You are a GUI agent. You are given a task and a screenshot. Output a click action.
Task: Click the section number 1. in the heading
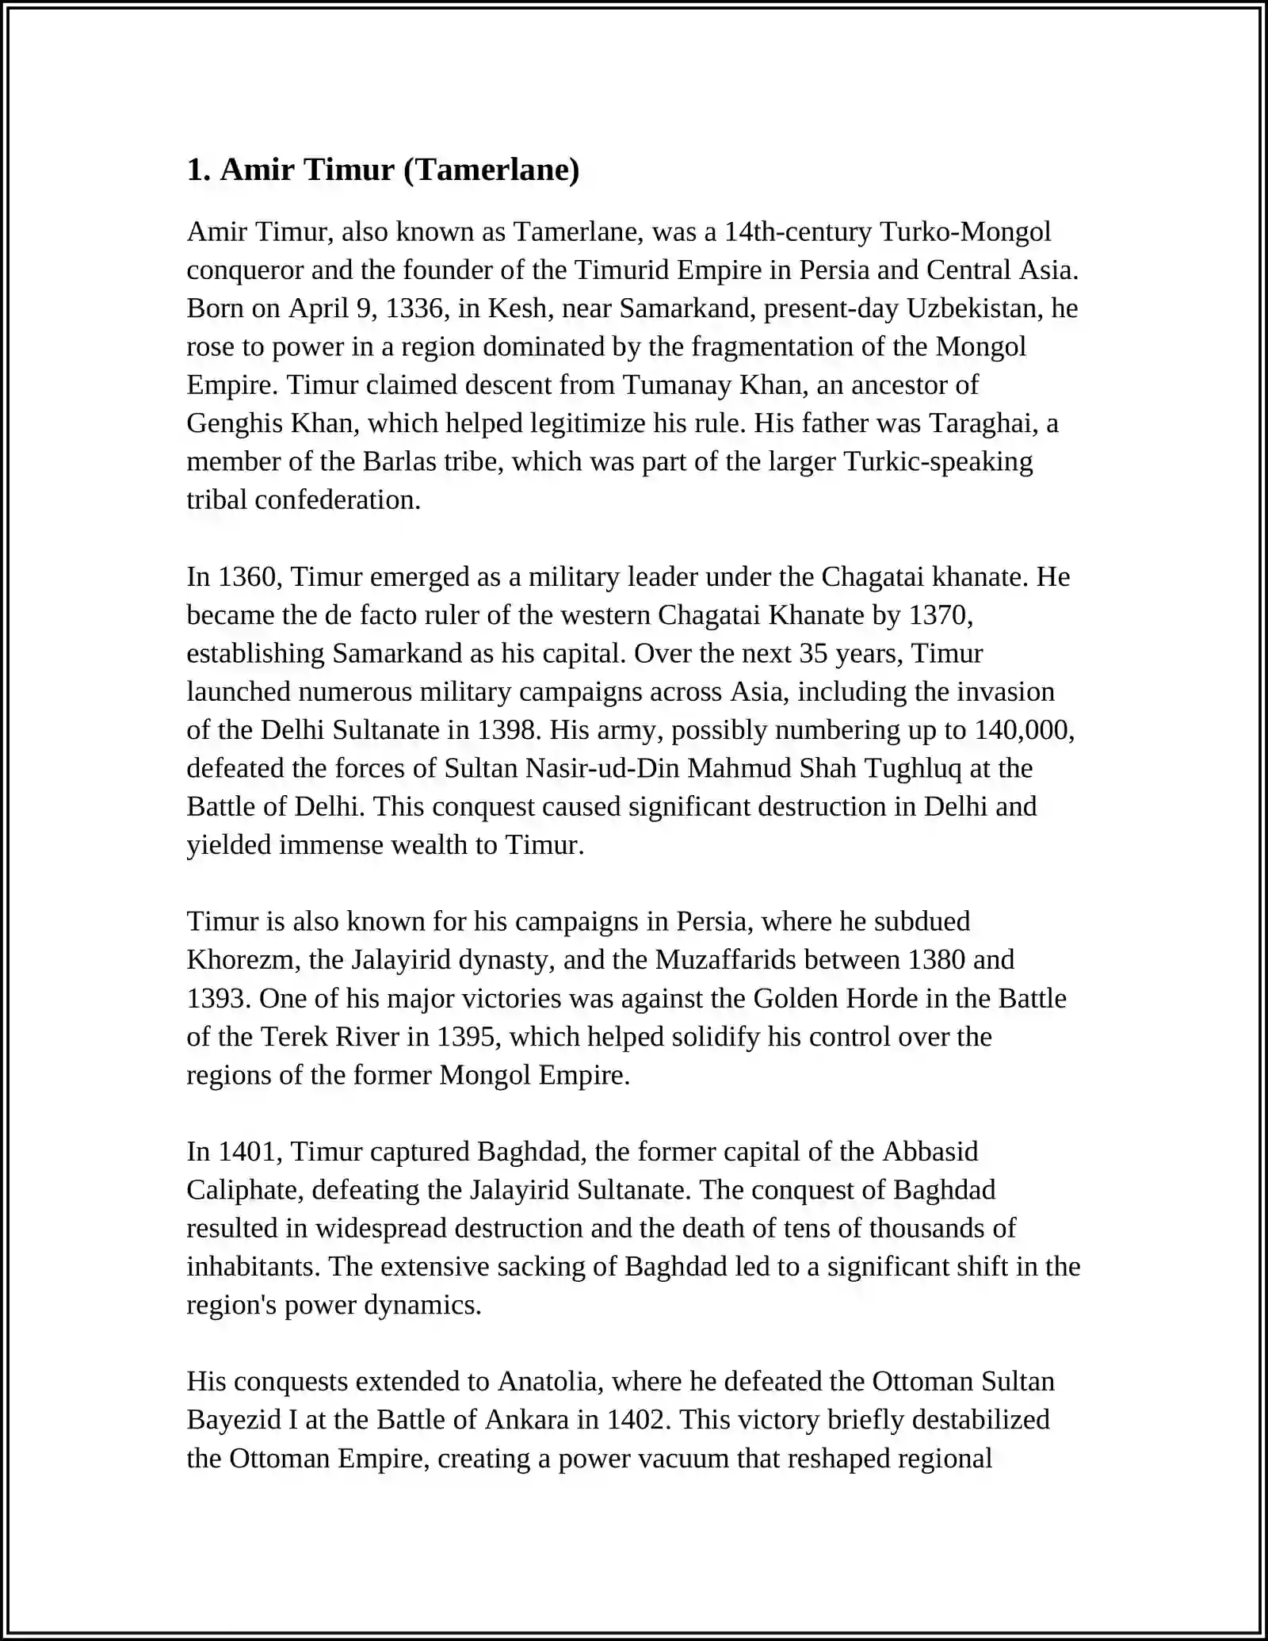coord(198,170)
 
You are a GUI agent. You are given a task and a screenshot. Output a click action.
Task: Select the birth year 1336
coord(414,308)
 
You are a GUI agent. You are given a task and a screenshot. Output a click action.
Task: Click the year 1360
coord(246,576)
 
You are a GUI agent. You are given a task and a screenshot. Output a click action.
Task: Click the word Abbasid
coord(930,1151)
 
